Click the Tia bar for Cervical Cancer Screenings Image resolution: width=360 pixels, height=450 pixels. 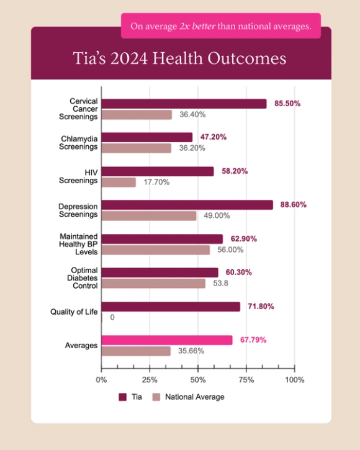pos(184,104)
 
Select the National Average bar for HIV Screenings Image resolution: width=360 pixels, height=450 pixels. pos(118,182)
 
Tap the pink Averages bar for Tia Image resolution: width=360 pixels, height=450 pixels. pos(166,340)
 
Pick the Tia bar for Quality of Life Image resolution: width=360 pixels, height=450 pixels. pos(170,307)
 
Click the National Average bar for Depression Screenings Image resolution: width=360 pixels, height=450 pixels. pos(148,216)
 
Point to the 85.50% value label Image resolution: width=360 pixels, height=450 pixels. pos(287,104)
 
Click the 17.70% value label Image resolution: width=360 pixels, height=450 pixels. pos(157,182)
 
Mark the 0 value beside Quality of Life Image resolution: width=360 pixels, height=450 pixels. pos(112,317)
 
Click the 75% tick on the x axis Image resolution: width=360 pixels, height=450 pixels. pos(246,379)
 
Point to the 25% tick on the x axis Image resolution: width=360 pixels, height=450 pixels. pos(149,379)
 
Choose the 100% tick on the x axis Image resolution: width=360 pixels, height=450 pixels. pos(294,379)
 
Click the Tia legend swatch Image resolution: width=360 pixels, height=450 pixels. pos(123,397)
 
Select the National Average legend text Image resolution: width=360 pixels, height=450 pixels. pos(195,397)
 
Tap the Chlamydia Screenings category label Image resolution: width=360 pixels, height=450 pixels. pos(78,143)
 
